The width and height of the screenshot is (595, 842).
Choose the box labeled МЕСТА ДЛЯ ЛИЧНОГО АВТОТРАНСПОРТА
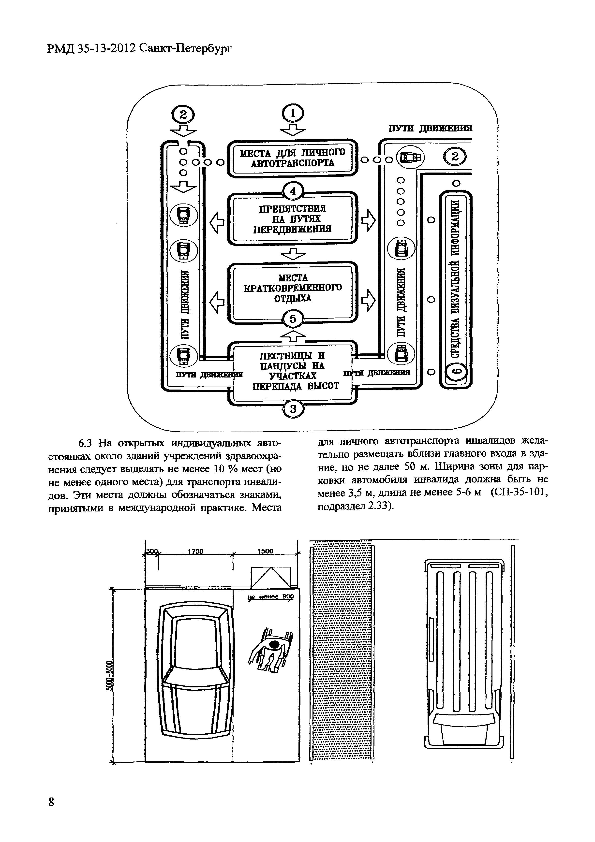tap(292, 158)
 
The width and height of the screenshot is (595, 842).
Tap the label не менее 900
tap(271, 597)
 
